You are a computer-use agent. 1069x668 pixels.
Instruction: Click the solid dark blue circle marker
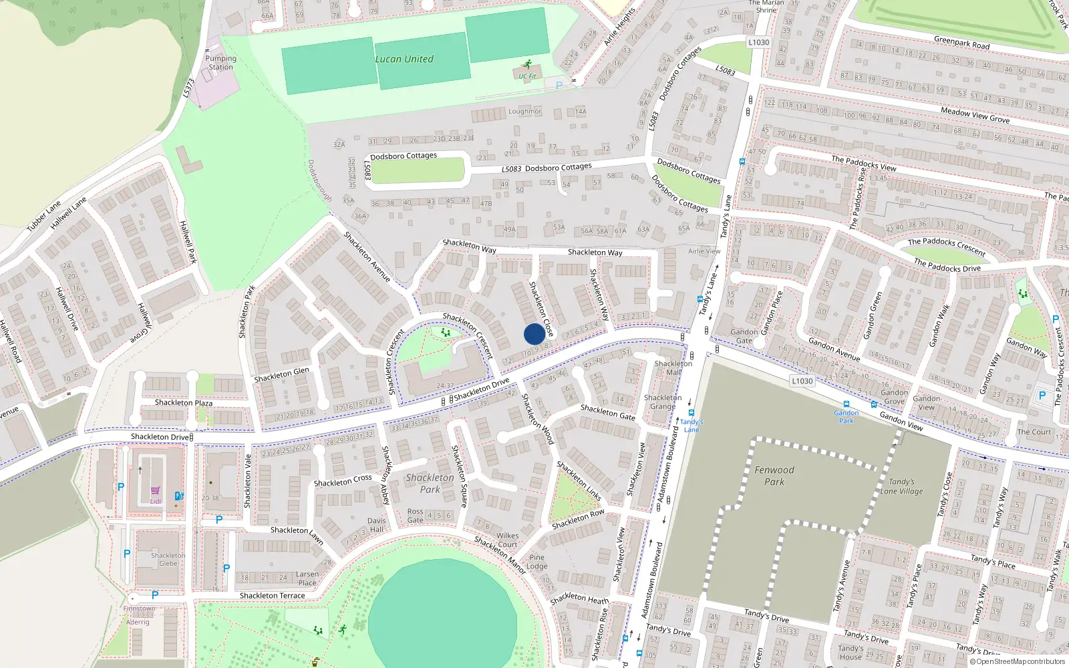534,334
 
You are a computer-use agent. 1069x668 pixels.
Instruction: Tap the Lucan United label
404,59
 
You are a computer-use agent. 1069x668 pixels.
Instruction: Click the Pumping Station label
221,63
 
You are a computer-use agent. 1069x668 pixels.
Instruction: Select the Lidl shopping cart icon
156,491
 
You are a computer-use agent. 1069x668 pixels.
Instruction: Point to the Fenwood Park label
774,476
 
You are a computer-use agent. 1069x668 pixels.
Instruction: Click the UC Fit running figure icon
528,65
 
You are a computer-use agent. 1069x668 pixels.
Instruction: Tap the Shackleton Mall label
673,368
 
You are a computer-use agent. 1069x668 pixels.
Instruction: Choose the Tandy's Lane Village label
901,486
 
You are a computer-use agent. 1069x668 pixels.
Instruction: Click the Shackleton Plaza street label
184,403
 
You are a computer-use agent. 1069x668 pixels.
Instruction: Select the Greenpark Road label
961,43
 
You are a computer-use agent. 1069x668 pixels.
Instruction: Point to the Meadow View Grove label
975,115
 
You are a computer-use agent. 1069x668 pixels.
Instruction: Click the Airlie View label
704,252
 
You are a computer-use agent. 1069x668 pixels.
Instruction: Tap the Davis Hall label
376,525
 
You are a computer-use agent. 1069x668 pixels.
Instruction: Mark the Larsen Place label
307,578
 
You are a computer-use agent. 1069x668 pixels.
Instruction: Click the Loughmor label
524,112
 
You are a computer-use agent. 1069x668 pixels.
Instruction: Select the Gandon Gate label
744,336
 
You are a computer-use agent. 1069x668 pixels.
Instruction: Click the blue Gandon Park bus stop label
846,416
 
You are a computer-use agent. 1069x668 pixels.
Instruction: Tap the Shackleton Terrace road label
272,596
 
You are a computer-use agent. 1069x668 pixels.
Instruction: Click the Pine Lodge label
537,562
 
